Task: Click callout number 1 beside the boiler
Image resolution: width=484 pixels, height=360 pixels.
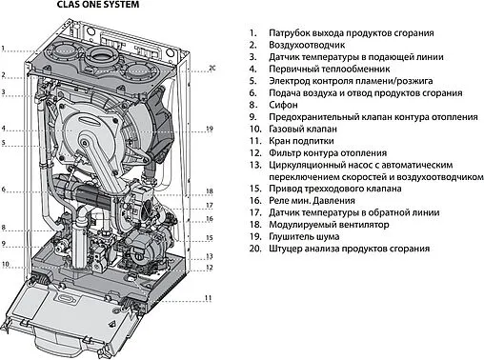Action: click(4, 47)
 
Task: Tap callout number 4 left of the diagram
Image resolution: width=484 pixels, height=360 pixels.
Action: click(4, 129)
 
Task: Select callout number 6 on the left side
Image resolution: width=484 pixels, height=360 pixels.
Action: click(4, 190)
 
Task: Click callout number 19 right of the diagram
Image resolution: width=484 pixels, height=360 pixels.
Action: click(210, 129)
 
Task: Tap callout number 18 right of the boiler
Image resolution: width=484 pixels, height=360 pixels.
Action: click(210, 191)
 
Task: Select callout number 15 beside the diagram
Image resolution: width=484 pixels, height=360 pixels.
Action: click(210, 238)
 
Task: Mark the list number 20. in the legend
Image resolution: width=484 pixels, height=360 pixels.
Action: click(252, 248)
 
